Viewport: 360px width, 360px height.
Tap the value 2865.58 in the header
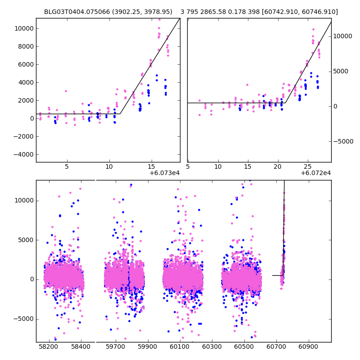click(218, 12)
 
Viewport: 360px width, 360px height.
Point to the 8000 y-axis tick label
click(23, 46)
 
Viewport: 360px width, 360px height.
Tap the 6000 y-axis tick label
click(23, 64)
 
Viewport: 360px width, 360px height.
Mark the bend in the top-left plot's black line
click(120, 114)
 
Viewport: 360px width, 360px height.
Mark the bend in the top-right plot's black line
click(285, 103)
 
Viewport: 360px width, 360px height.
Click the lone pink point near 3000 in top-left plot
click(66, 91)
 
